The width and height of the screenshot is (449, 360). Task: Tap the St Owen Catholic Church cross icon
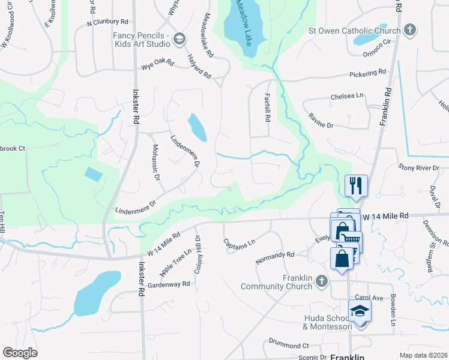coord(410,30)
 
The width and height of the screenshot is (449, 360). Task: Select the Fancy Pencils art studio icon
coord(179,40)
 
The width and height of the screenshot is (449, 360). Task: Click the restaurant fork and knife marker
coord(357,185)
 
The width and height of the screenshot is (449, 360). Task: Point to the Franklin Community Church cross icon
coord(322,281)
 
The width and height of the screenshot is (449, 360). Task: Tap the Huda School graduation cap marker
coord(360,311)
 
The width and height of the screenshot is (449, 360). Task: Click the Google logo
coord(20,353)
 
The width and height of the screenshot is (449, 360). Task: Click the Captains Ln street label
coord(240,245)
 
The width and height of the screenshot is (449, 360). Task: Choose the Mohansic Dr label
coord(155,163)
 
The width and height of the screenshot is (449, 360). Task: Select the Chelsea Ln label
coord(347,96)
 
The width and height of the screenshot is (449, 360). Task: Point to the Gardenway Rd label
coord(169,284)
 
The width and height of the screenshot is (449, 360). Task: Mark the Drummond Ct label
coord(288,346)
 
